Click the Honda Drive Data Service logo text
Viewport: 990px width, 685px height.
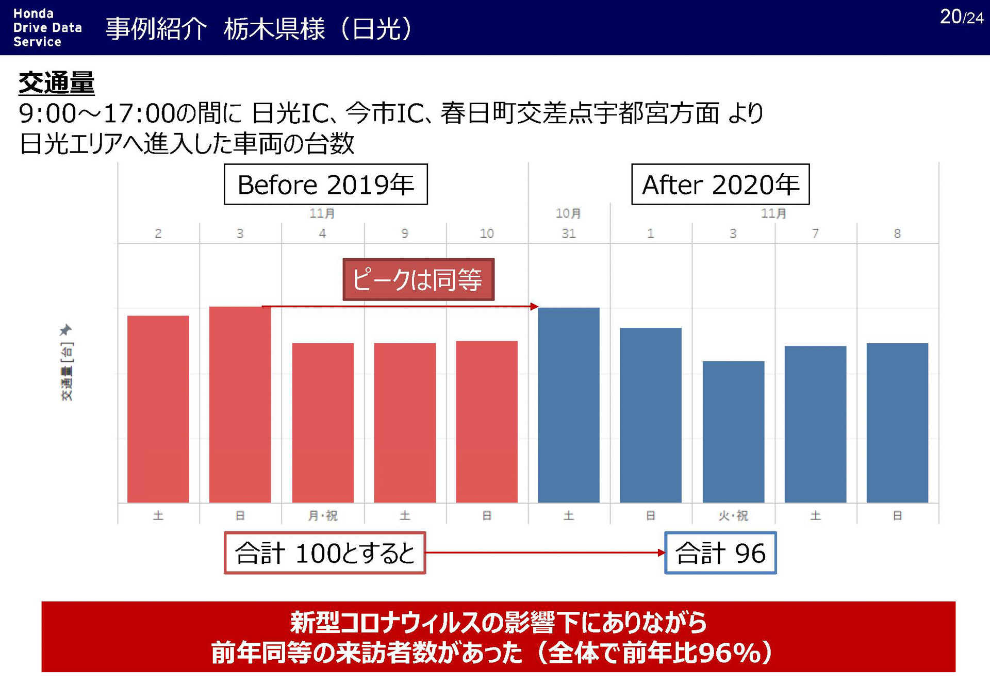pyautogui.click(x=47, y=28)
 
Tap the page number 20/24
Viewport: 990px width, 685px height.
pyautogui.click(x=961, y=17)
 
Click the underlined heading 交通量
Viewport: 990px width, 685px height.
pyautogui.click(x=56, y=83)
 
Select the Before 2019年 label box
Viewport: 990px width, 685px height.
pyautogui.click(x=325, y=185)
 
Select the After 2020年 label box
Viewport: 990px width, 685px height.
pyautogui.click(x=720, y=185)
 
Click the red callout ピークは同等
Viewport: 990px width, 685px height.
pyautogui.click(x=418, y=280)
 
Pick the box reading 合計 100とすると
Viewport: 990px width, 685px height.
pyautogui.click(x=325, y=553)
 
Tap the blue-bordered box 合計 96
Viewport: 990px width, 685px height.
pyautogui.click(x=720, y=553)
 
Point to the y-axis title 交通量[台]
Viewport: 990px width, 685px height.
pyautogui.click(x=67, y=371)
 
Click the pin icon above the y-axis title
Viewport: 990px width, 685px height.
pyautogui.click(x=65, y=329)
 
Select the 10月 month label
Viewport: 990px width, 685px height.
pyautogui.click(x=568, y=213)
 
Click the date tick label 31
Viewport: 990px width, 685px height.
pyautogui.click(x=568, y=233)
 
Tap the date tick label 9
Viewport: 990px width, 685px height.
pyautogui.click(x=405, y=233)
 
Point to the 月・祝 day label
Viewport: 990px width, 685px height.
pyautogui.click(x=323, y=515)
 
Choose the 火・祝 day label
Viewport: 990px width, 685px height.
pyautogui.click(x=733, y=515)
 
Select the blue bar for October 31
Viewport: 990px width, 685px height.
pyautogui.click(x=568, y=405)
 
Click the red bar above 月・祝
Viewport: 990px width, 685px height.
pyautogui.click(x=323, y=423)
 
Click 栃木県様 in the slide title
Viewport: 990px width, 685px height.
pyautogui.click(x=274, y=29)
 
